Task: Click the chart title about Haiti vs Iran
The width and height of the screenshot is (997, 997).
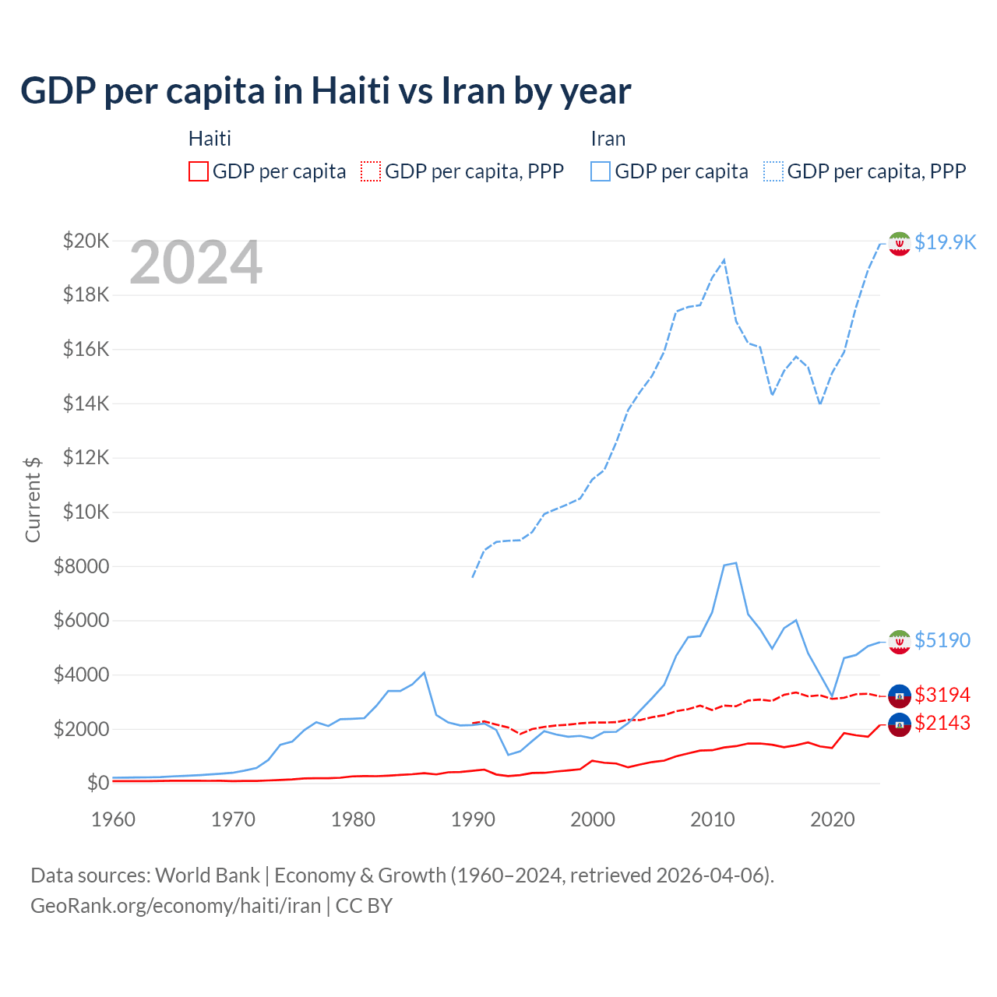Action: [x=326, y=91]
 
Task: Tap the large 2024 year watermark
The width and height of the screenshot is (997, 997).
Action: [x=196, y=263]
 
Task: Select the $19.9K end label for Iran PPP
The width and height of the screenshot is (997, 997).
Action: [x=945, y=242]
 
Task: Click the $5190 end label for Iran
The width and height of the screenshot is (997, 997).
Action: [x=942, y=640]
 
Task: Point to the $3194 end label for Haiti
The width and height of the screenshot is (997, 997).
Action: [x=942, y=695]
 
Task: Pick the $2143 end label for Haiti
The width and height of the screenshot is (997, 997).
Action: [x=942, y=723]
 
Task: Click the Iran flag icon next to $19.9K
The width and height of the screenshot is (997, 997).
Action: [x=900, y=243]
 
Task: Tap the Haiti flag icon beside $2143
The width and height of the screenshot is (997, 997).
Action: [x=900, y=724]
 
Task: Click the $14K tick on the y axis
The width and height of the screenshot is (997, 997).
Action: [x=86, y=403]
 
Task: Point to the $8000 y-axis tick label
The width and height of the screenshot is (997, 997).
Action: [x=81, y=566]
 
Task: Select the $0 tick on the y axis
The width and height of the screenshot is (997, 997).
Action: [x=97, y=783]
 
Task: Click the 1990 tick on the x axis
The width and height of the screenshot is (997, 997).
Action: [x=473, y=819]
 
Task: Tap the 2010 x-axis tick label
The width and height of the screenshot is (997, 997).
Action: [x=713, y=819]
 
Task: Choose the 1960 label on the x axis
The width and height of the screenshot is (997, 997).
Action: [x=114, y=819]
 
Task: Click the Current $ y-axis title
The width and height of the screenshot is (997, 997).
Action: [x=33, y=499]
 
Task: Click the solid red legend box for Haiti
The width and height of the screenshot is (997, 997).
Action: [x=199, y=171]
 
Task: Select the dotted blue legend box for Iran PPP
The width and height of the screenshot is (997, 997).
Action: [x=773, y=171]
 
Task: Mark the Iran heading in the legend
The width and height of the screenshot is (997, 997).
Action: [x=608, y=139]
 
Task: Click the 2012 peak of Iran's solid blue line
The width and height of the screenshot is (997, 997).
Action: [x=736, y=562]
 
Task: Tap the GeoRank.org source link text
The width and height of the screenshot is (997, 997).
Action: [x=175, y=906]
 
